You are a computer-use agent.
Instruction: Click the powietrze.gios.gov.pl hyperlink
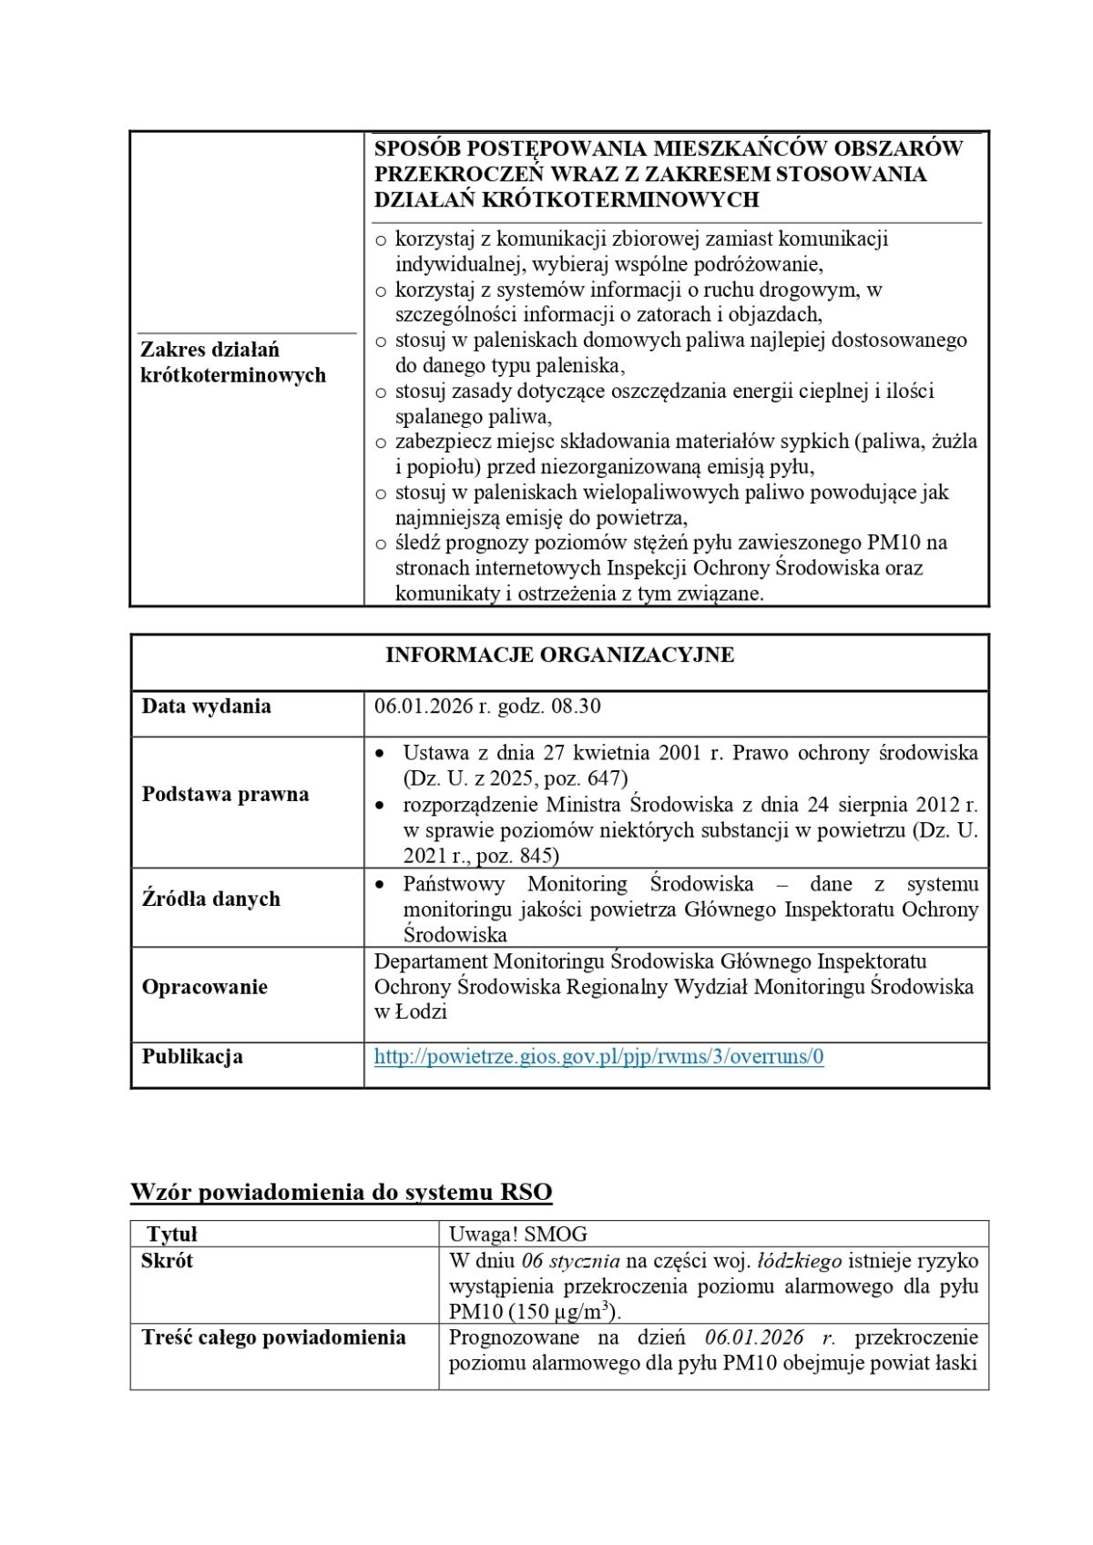[598, 1057]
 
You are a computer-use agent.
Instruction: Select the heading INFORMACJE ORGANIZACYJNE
[559, 656]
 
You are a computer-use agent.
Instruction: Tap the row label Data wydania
[206, 706]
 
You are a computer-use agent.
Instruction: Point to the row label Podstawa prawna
[225, 795]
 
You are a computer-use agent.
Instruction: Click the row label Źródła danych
[210, 900]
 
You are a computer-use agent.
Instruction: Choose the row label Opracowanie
[204, 988]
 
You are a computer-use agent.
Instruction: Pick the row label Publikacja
[192, 1057]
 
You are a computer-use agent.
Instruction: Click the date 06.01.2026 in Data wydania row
[422, 706]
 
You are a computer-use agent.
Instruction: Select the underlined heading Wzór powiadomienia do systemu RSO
[341, 1193]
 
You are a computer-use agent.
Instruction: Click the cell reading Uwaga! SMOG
[518, 1235]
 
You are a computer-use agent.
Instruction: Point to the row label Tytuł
[172, 1235]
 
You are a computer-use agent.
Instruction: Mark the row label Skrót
[167, 1261]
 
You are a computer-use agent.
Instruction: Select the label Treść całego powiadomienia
[273, 1337]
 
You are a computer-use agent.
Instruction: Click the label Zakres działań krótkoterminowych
[232, 362]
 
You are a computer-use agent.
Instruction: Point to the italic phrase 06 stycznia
[571, 1261]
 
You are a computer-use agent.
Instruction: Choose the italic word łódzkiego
[800, 1261]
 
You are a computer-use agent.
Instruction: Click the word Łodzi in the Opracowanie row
[421, 1012]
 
